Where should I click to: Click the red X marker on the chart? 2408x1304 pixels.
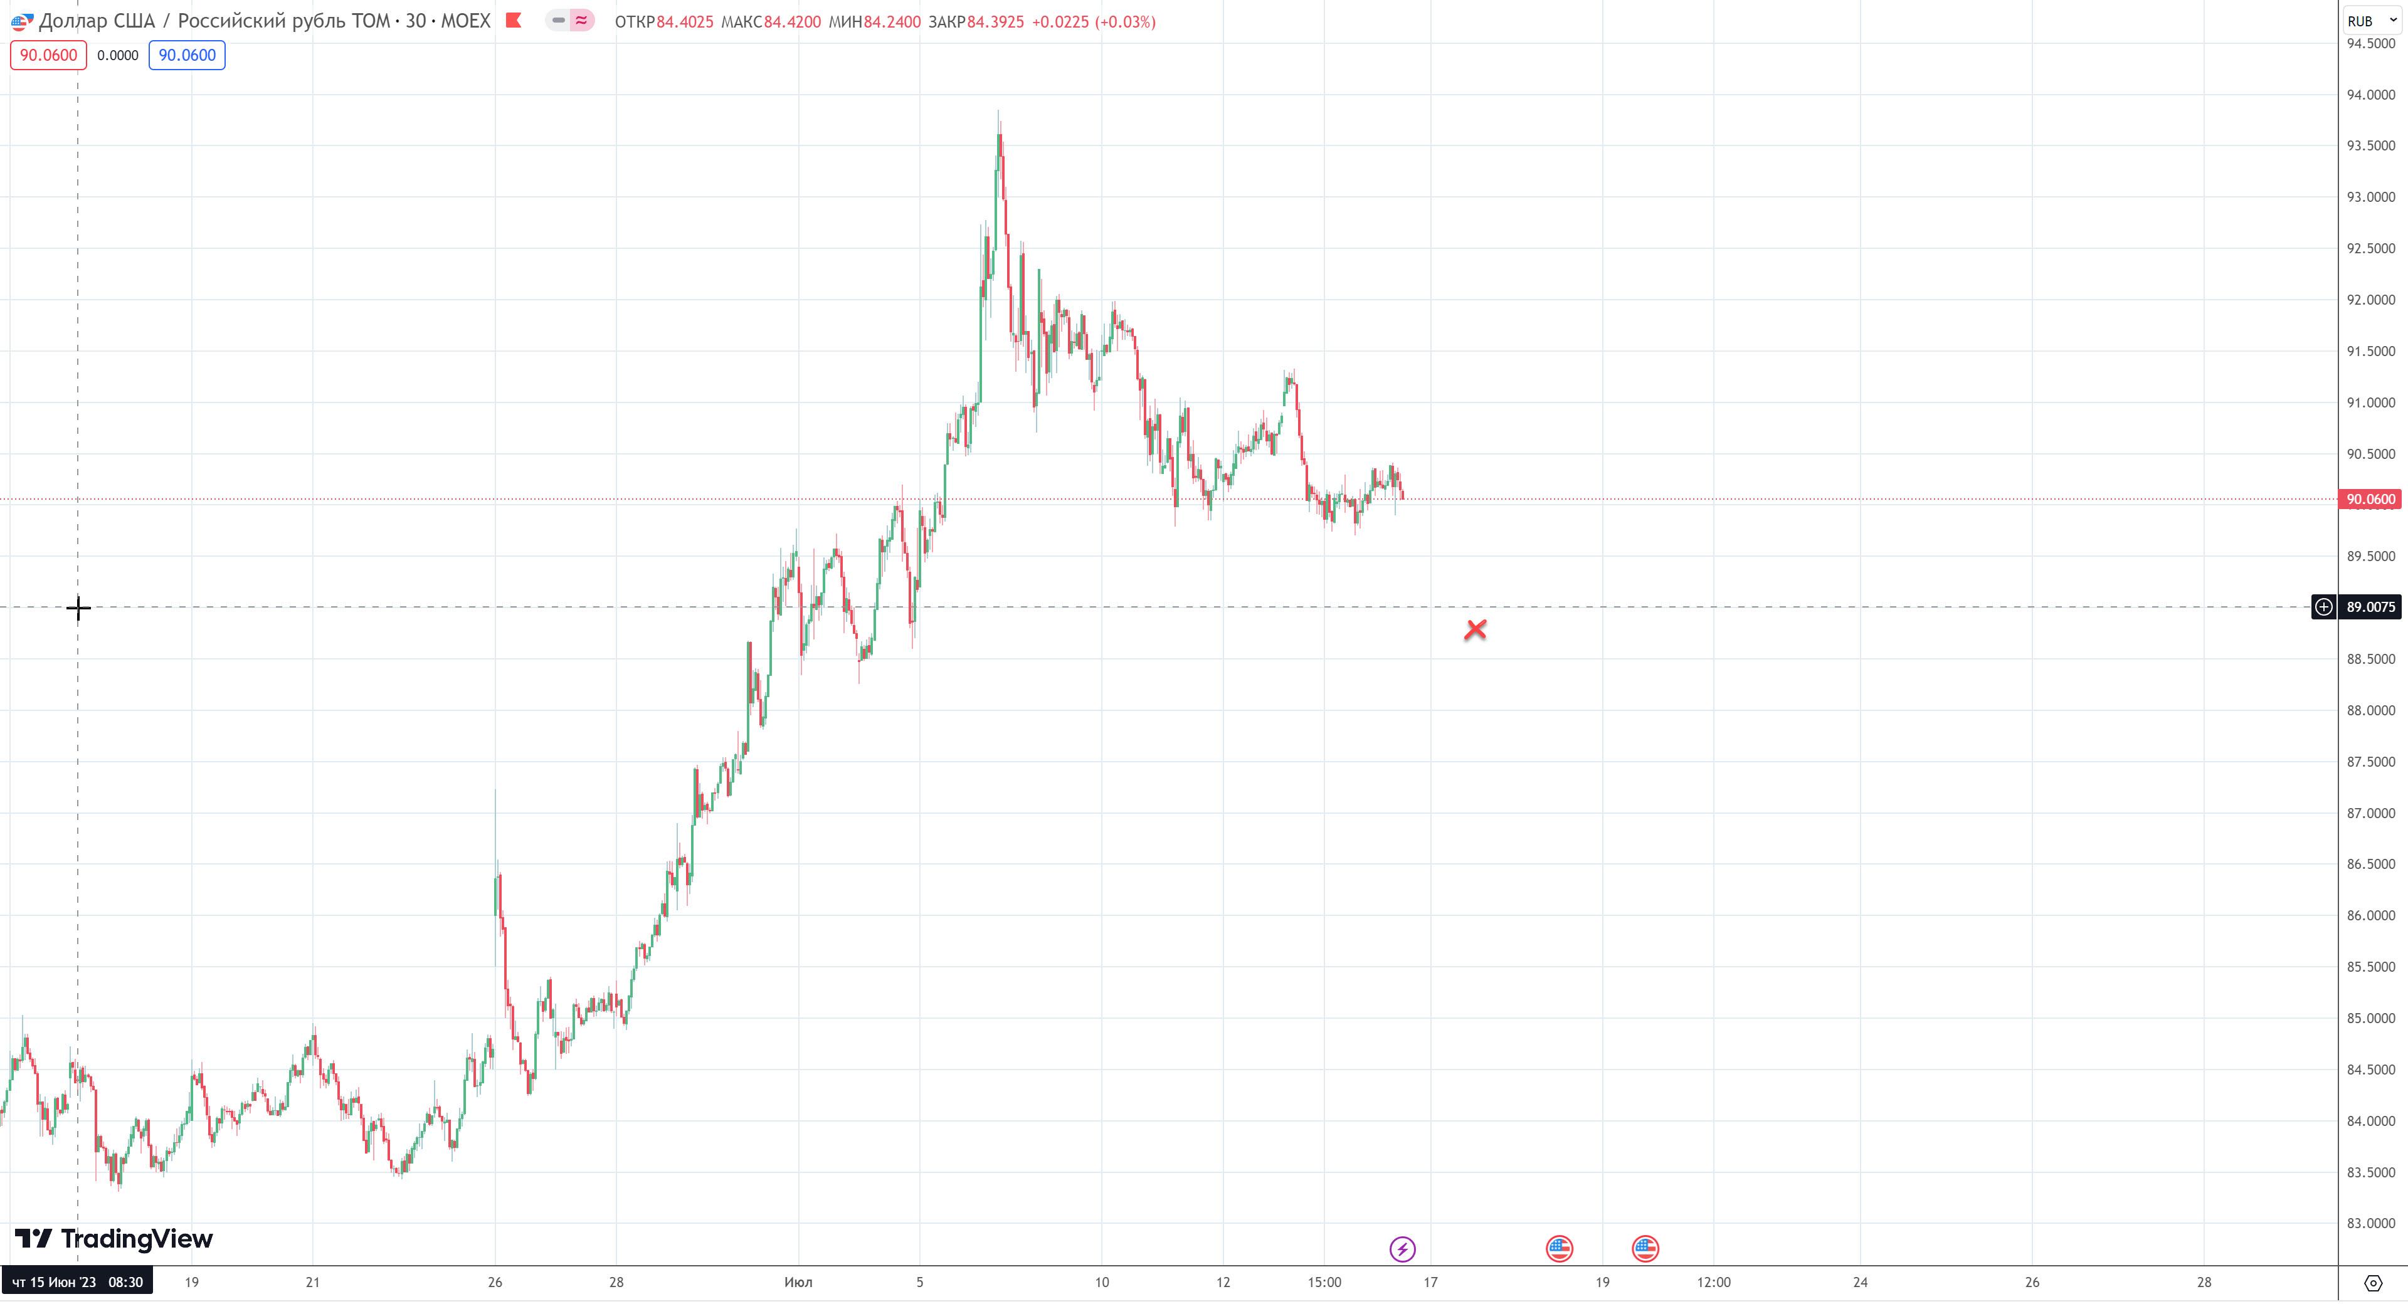coord(1475,630)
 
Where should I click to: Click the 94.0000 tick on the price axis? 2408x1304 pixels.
coord(2370,95)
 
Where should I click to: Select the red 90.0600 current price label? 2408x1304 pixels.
coord(2370,499)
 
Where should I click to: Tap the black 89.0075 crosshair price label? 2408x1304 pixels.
coord(2370,607)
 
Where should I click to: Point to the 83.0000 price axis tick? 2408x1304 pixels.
coord(2370,1222)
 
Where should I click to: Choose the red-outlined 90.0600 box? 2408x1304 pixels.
coord(49,55)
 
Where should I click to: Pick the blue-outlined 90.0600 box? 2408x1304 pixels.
coord(187,55)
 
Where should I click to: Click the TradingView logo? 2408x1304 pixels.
coord(114,1239)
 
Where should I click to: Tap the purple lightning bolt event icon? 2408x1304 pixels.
coord(1402,1249)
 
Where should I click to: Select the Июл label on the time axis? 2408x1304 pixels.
coord(798,1281)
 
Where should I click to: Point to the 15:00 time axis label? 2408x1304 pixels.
coord(1324,1281)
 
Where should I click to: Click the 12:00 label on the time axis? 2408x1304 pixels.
coord(1713,1281)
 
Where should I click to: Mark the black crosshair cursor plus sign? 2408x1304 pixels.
coord(78,609)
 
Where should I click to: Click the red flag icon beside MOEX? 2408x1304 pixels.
coord(513,21)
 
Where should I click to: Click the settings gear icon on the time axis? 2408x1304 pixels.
coord(2372,1283)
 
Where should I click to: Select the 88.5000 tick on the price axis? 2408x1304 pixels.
coord(2370,659)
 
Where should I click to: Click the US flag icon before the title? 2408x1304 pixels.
coord(21,21)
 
